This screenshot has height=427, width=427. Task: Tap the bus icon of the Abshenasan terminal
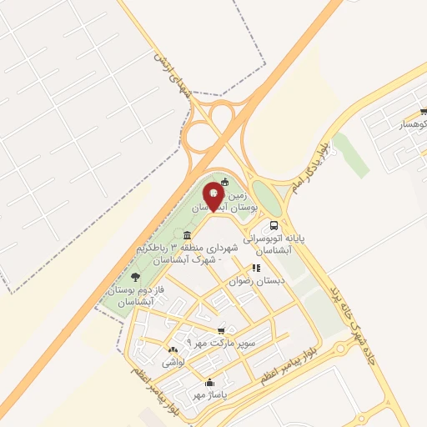(x=274, y=226)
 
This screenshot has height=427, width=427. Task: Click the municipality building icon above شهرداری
(x=186, y=235)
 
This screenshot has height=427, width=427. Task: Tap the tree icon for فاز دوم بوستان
(x=135, y=276)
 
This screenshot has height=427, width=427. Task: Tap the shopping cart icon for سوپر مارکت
(x=220, y=330)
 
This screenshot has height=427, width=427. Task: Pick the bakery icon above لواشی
(x=173, y=350)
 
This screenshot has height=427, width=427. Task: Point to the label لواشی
(x=172, y=363)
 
